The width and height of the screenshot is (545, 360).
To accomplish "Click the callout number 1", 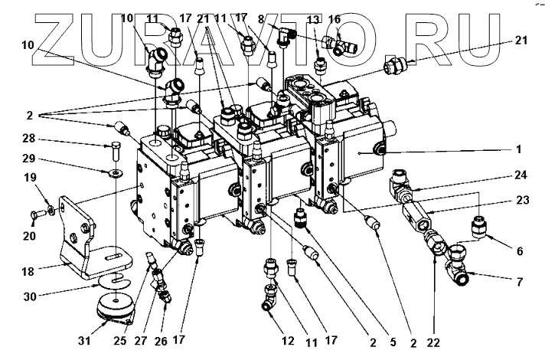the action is click(x=518, y=149).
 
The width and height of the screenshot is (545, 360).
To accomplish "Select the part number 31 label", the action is click(x=83, y=341).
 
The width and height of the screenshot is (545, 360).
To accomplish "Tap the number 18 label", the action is click(x=28, y=271).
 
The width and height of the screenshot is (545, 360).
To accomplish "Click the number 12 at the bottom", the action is click(x=288, y=341).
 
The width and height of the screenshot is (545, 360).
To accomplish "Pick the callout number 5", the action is click(x=393, y=342).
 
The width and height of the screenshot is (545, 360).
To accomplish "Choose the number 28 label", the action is click(x=28, y=139).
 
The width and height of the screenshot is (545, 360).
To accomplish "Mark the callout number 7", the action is click(x=519, y=282).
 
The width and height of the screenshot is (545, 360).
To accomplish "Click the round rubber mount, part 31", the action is click(x=115, y=308).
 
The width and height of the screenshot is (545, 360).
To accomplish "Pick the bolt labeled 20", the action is click(x=38, y=212).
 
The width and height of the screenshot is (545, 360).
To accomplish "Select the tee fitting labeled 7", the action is click(x=456, y=264).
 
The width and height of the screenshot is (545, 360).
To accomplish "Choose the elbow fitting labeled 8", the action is click(x=286, y=36).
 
